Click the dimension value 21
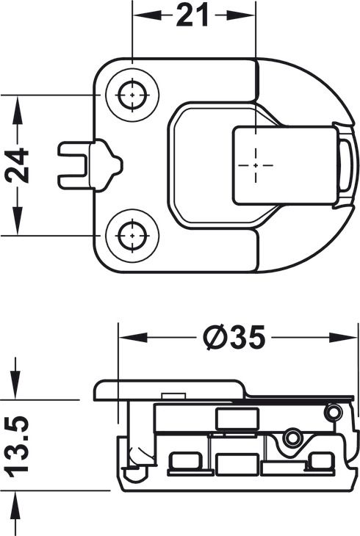click(x=192, y=15)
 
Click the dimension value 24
click(x=17, y=165)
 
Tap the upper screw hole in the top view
click(x=132, y=95)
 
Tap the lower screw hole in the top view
click(x=132, y=236)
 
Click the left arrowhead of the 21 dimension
click(x=147, y=15)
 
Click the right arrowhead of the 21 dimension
click(x=240, y=15)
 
